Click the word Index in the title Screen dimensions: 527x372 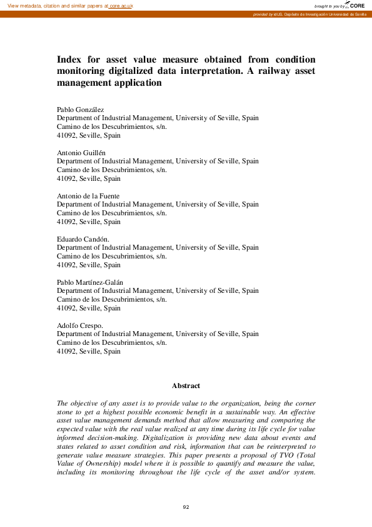pyautogui.click(x=69, y=59)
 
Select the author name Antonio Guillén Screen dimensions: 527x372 pyautogui.click(x=81, y=153)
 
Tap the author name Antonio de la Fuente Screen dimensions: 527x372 pyautogui.click(x=88, y=196)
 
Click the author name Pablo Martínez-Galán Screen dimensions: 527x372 pyautogui.click(x=90, y=282)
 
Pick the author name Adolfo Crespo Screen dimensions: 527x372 pyautogui.click(x=79, y=325)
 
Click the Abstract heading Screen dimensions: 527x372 pyautogui.click(x=186, y=386)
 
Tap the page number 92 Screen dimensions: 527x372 pyautogui.click(x=186, y=506)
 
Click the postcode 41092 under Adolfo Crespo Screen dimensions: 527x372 pyautogui.click(x=67, y=352)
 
